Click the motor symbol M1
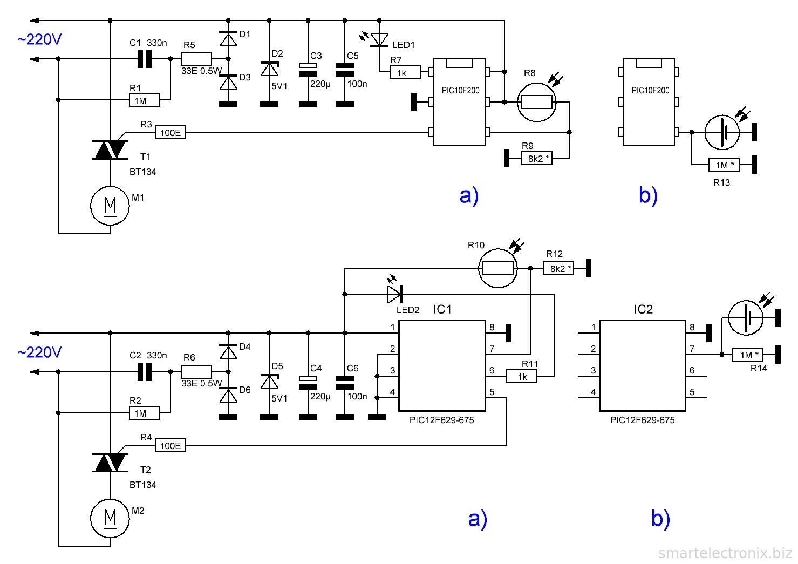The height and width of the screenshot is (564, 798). tap(110, 205)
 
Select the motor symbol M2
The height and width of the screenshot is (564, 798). tap(110, 518)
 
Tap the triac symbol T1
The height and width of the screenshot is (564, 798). tap(111, 150)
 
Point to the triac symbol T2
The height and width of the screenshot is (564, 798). tap(111, 463)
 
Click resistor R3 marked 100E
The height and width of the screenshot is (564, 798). tap(170, 132)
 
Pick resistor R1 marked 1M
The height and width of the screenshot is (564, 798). tap(145, 100)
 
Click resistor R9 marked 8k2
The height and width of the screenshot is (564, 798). tap(537, 158)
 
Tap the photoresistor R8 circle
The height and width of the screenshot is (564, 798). tap(536, 102)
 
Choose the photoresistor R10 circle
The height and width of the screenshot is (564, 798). tap(498, 268)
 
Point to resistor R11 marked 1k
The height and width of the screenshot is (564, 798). tap(522, 376)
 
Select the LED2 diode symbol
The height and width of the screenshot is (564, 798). tap(394, 294)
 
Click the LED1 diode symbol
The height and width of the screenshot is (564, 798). tap(380, 39)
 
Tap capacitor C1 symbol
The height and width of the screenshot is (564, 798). tap(144, 59)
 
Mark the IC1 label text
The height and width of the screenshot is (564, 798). tap(442, 309)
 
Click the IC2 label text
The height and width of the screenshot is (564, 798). tap(643, 309)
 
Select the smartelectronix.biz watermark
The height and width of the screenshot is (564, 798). tap(725, 553)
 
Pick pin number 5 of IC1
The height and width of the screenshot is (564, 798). tap(492, 392)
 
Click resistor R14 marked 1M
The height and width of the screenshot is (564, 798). tap(747, 355)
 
